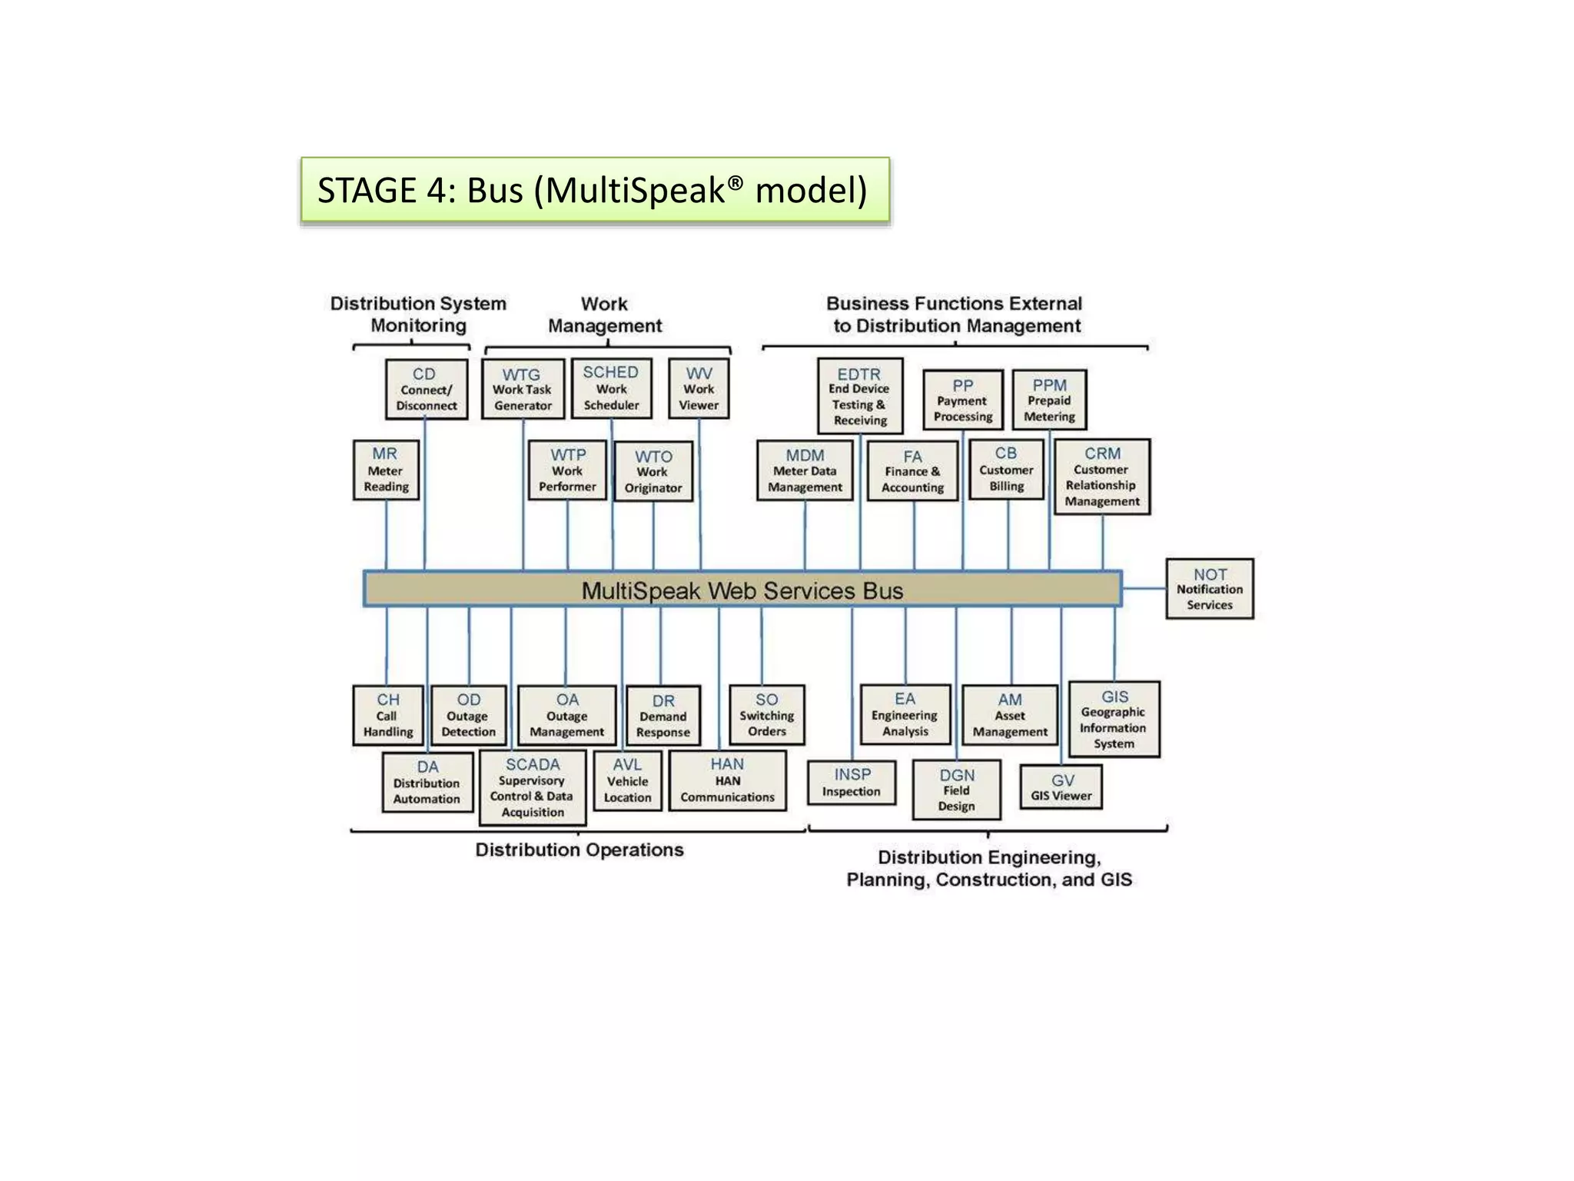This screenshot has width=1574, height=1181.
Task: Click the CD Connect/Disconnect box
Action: pyautogui.click(x=427, y=389)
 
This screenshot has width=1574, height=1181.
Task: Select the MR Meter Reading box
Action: pyautogui.click(x=386, y=470)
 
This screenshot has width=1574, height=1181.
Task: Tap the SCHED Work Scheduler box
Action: pyautogui.click(x=612, y=388)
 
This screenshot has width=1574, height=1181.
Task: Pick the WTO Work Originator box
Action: pyautogui.click(x=653, y=471)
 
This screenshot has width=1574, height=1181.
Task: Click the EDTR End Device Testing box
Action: pyautogui.click(x=860, y=396)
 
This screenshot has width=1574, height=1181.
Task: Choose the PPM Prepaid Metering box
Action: pyautogui.click(x=1049, y=400)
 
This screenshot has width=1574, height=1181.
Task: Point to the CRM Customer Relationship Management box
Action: pyautogui.click(x=1102, y=477)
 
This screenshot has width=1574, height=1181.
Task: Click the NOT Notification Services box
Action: pyautogui.click(x=1210, y=589)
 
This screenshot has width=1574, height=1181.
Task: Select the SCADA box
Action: pyautogui.click(x=533, y=787)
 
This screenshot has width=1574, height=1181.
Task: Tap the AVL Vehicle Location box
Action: pyautogui.click(x=627, y=780)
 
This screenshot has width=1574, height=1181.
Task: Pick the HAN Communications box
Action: pyautogui.click(x=728, y=780)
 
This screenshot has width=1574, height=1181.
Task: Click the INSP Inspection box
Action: pyautogui.click(x=852, y=783)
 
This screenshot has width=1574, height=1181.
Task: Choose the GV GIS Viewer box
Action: pyautogui.click(x=1061, y=787)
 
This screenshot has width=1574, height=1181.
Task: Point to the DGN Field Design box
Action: pyautogui.click(x=957, y=790)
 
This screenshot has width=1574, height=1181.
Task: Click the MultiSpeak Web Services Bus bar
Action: pyautogui.click(x=742, y=590)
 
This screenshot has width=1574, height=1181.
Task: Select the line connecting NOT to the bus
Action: pyautogui.click(x=1144, y=589)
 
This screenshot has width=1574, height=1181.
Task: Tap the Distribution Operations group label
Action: pyautogui.click(x=579, y=850)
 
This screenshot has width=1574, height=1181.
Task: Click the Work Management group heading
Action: pyautogui.click(x=605, y=314)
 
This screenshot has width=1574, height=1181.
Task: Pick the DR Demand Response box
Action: pyautogui.click(x=663, y=716)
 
